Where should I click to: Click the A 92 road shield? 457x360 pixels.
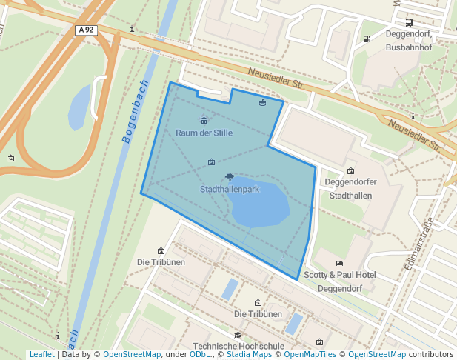pos(86,30)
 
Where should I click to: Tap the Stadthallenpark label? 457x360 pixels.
pos(230,190)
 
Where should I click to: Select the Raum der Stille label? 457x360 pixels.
pos(204,133)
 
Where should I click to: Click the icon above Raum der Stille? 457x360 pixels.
pos(204,121)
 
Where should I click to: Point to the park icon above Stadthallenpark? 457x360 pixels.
pos(230,177)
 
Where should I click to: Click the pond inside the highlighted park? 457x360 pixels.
pos(259,203)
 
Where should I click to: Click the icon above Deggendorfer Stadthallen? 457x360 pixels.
pos(351,171)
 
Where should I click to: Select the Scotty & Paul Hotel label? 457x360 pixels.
pos(340,275)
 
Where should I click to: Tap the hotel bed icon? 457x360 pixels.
pos(339,263)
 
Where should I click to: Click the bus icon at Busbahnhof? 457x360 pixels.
pos(410,23)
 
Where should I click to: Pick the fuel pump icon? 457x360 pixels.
pos(367,39)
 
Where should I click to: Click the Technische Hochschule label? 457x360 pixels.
pos(238,346)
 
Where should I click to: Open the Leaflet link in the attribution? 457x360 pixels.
pos(41,355)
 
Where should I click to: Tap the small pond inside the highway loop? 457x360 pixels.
pos(79,107)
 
